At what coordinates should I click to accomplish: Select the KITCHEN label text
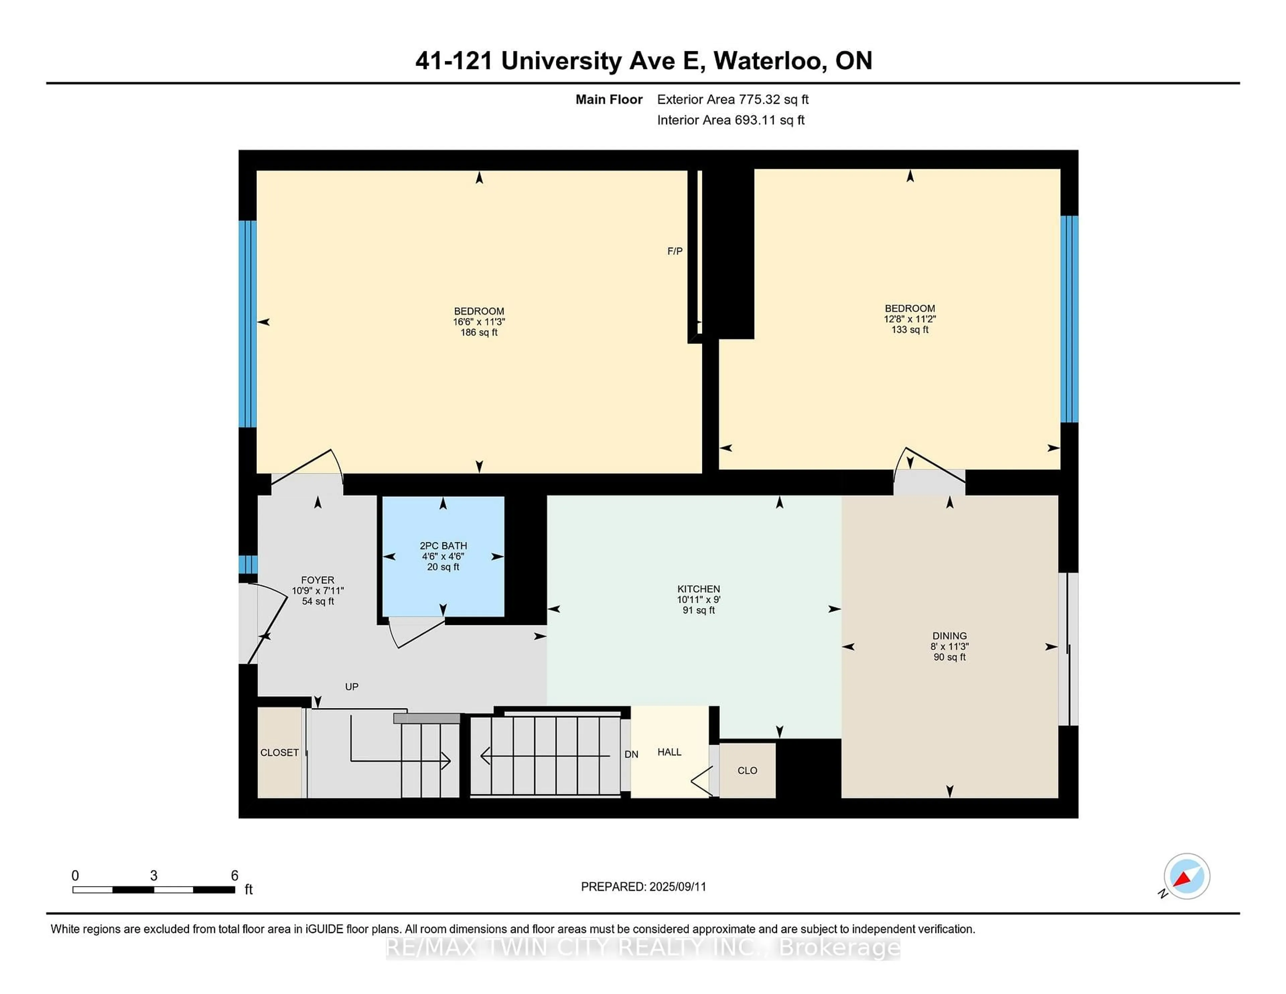click(x=698, y=589)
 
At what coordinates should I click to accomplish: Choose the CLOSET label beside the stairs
click(x=279, y=753)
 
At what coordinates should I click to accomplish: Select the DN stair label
click(x=631, y=754)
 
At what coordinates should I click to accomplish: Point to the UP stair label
click(x=352, y=687)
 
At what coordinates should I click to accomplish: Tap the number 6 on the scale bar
click(x=234, y=876)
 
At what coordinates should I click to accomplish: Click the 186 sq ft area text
click(x=479, y=333)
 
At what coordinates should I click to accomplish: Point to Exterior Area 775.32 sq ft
click(x=732, y=99)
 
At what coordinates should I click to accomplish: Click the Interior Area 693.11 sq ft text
click(x=730, y=120)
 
